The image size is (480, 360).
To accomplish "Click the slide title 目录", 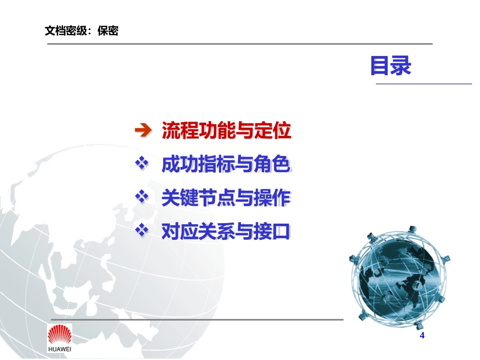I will click(x=391, y=66).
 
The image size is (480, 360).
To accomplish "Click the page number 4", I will click(x=422, y=336).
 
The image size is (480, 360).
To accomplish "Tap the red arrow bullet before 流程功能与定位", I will click(x=143, y=131).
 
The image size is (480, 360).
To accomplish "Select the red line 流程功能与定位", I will click(x=226, y=131).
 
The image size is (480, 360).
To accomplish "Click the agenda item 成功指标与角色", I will click(x=226, y=165).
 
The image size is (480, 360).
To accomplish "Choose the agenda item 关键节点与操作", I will click(x=226, y=198).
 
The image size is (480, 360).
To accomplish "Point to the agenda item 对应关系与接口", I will click(x=226, y=232).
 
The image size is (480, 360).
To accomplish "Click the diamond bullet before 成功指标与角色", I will click(x=143, y=164).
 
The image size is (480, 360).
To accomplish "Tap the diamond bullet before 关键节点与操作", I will click(x=143, y=197).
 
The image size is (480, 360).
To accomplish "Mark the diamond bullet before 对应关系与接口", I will click(x=143, y=231).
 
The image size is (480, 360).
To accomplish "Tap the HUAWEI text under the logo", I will click(x=60, y=350).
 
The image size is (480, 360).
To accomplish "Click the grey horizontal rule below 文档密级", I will click(x=240, y=44).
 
